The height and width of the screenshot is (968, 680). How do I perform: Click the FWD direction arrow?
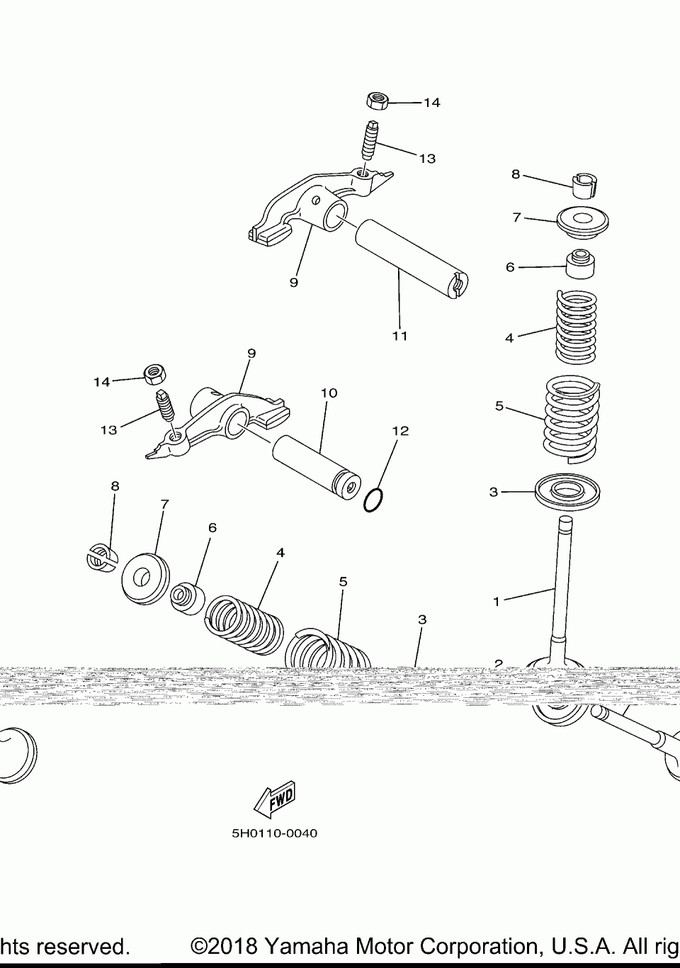point(274,797)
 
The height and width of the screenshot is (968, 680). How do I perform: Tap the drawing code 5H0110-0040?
point(275,833)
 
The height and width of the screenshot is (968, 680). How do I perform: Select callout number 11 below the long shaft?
point(400,335)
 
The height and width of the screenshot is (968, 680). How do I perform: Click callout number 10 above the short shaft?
point(329,393)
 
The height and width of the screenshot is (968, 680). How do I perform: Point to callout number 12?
point(401,430)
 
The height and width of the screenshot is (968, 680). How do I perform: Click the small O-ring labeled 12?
point(374,500)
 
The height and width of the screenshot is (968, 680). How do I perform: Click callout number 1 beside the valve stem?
point(497,602)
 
